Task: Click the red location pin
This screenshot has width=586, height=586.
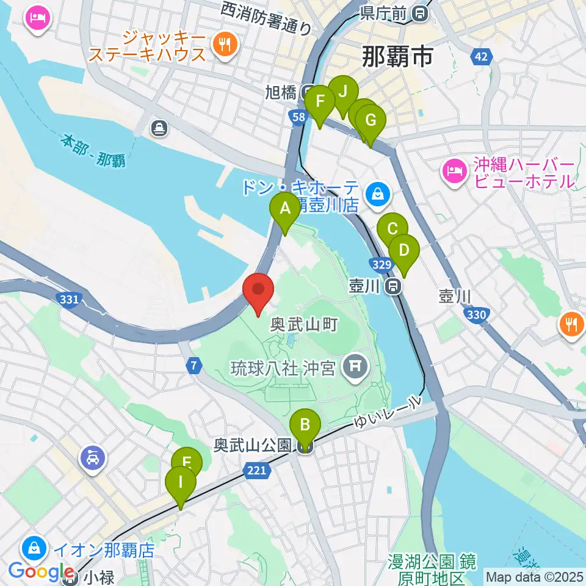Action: [x=258, y=294]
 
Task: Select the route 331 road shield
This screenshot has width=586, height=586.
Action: [x=70, y=299]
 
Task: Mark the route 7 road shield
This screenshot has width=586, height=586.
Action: [x=194, y=366]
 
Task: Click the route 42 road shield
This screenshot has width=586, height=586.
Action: [x=482, y=57]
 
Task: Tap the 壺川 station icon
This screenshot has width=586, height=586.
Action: [x=394, y=285]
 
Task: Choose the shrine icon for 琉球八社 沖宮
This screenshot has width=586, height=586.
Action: [x=353, y=366]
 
